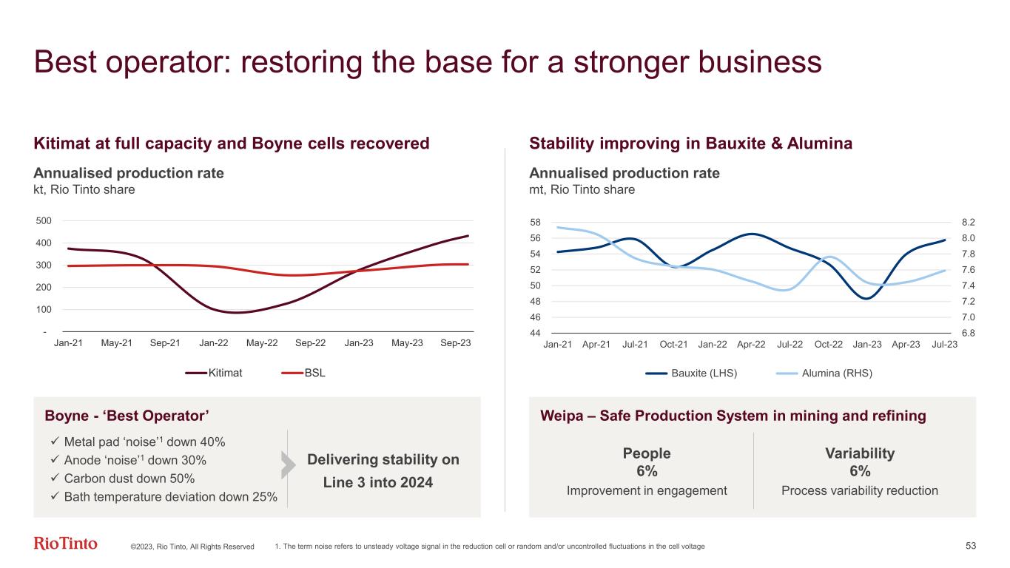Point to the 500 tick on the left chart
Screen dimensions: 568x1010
pos(44,220)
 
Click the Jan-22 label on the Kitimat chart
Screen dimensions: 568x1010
pos(213,344)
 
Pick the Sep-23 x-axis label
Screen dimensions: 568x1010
pos(456,344)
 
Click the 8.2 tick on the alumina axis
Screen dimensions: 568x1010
pos(969,222)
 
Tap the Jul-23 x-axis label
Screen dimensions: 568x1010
pos(945,345)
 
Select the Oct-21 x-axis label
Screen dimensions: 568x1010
pos(673,345)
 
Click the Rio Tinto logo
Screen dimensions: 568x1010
pos(66,544)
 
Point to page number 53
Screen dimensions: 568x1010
pos(972,546)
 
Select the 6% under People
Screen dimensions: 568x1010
pos(647,472)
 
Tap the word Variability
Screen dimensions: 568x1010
pos(859,453)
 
